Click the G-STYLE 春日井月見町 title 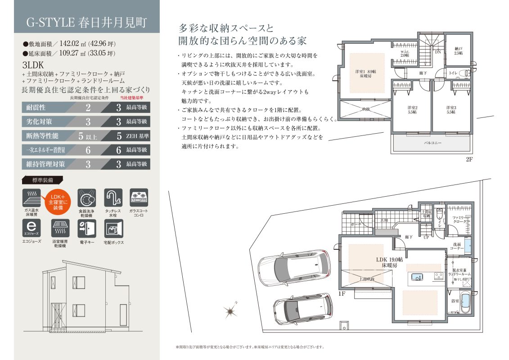[x=86, y=22]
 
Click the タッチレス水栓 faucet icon [x=113, y=198]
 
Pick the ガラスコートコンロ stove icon [x=139, y=198]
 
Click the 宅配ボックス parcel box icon [x=113, y=229]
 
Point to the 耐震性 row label [x=36, y=108]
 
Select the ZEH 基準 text [x=137, y=135]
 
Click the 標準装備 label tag [x=43, y=180]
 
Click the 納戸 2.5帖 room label [x=459, y=51]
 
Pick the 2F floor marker [x=469, y=160]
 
